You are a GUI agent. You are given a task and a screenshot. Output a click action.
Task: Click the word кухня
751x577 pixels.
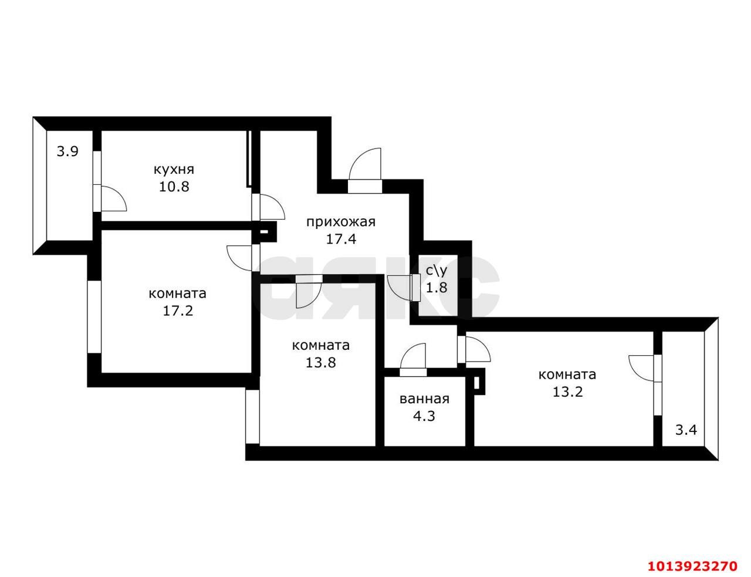173,170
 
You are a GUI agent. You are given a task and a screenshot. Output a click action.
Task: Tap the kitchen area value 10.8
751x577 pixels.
173,187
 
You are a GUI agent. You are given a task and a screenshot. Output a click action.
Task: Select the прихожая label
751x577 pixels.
340,221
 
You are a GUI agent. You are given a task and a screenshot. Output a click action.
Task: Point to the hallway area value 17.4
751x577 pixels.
341,239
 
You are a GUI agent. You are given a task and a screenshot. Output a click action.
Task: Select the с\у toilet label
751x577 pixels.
437,271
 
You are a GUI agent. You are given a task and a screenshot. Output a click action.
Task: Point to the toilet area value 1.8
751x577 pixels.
437,288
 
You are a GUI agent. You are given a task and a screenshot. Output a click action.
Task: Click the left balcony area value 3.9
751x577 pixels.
67,151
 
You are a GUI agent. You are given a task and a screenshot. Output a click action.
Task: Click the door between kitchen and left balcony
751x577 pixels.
111,199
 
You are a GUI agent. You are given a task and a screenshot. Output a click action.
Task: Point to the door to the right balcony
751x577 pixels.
643,368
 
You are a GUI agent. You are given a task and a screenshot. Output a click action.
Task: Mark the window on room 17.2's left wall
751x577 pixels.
94,316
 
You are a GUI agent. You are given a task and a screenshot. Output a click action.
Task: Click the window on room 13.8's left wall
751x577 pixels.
252,416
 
